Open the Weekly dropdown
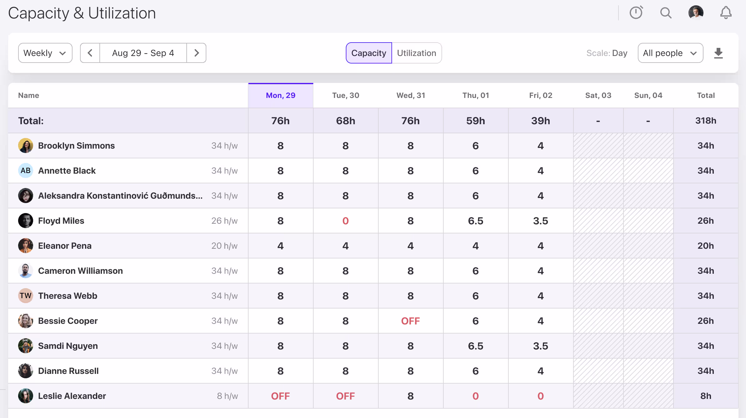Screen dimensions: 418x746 point(45,53)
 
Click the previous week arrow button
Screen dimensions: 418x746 point(90,53)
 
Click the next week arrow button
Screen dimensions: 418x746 point(196,53)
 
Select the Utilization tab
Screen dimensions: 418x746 point(416,53)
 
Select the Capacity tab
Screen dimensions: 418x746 point(369,53)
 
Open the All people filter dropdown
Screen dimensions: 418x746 point(670,53)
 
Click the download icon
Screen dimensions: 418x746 point(718,53)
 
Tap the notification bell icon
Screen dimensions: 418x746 point(726,13)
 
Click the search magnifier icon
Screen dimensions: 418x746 point(666,13)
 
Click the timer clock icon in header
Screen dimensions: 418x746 point(636,13)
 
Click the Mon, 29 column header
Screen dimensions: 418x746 point(280,95)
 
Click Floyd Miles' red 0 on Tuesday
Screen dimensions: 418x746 point(345,221)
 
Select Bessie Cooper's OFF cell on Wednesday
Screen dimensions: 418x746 point(411,321)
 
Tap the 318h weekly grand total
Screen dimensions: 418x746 point(706,121)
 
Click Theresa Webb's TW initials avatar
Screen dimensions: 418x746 point(26,296)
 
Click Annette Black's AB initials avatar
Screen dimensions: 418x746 point(26,171)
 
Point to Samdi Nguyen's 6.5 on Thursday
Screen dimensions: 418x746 point(476,346)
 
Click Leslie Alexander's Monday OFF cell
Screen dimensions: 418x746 point(280,396)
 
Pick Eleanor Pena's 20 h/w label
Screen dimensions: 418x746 point(224,246)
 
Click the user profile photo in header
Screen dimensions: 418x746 point(696,13)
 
